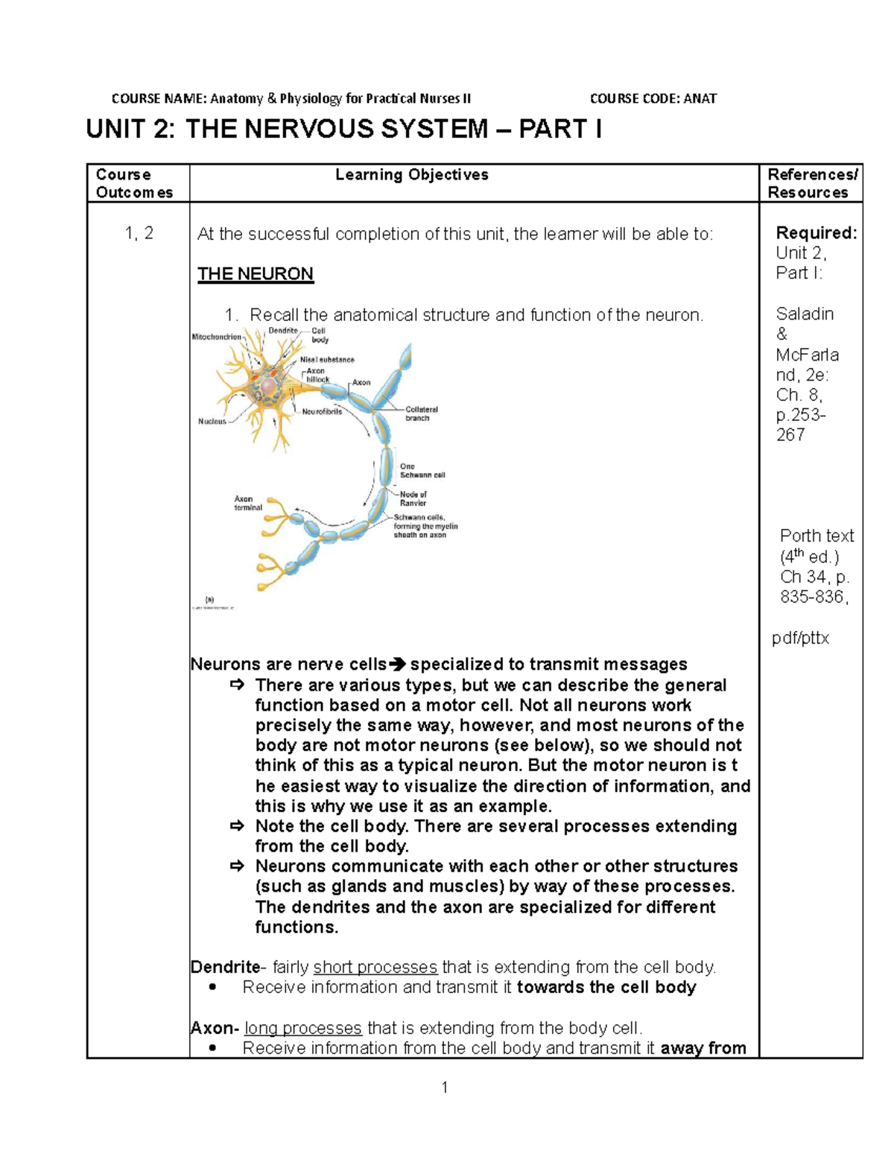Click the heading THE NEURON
pyautogui.click(x=255, y=274)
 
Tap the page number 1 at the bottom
pyautogui.click(x=445, y=1088)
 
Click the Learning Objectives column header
pyautogui.click(x=411, y=175)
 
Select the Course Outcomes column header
pyautogui.click(x=134, y=183)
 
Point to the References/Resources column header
pyautogui.click(x=812, y=183)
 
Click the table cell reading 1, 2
pyautogui.click(x=139, y=233)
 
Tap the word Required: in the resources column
pyautogui.click(x=816, y=233)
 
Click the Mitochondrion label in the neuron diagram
pyautogui.click(x=217, y=337)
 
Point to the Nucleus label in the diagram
pyautogui.click(x=212, y=422)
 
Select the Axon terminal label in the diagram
pyautogui.click(x=248, y=503)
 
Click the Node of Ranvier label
pyautogui.click(x=413, y=498)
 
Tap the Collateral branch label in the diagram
pyautogui.click(x=421, y=413)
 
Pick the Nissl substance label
pyautogui.click(x=332, y=359)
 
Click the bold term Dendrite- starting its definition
pyautogui.click(x=226, y=967)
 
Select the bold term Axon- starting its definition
pyautogui.click(x=215, y=1028)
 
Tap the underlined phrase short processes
pyautogui.click(x=375, y=967)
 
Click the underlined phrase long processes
pyautogui.click(x=303, y=1028)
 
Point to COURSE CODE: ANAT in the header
pyautogui.click(x=653, y=98)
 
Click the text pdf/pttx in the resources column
pyautogui.click(x=800, y=638)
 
